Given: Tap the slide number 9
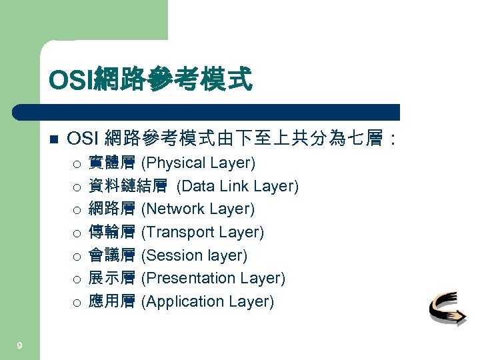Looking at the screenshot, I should tap(20, 345).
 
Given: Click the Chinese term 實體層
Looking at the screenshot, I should tap(112, 163).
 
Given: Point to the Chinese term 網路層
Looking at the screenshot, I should tap(112, 209).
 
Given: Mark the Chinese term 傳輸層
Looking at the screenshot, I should tap(112, 232).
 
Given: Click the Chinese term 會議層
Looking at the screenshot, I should tap(112, 255).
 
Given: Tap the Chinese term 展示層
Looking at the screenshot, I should tap(112, 278).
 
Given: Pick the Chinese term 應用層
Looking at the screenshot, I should tap(112, 301).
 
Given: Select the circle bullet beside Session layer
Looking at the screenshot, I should tap(77, 256).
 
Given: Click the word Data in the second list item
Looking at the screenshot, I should tap(194, 186).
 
